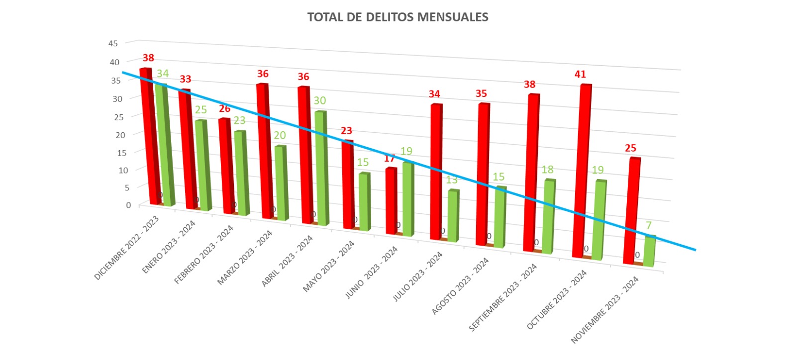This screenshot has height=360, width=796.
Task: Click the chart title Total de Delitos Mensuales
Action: pos(398,17)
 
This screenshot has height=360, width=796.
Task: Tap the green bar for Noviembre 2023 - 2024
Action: pos(649,251)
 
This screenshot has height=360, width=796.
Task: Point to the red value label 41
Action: pos(580,74)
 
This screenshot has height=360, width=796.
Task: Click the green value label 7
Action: pos(649,226)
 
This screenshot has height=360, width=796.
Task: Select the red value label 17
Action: pos(389,159)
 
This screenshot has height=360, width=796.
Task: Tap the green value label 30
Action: pos(320,100)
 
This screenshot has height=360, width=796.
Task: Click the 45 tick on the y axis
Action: pos(113,43)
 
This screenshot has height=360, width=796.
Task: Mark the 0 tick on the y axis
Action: pos(128,205)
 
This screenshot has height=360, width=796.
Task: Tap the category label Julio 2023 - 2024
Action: pos(417,277)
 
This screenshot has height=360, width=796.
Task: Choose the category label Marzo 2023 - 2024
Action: pos(245,257)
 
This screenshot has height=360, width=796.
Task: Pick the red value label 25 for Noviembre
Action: pos(630,148)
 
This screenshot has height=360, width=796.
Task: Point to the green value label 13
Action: pos(452,180)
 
